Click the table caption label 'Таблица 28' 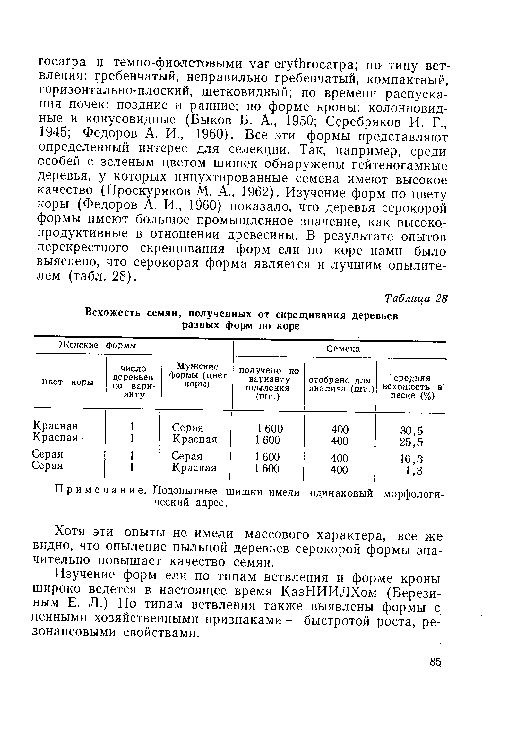[x=416, y=299]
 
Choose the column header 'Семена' [x=343, y=349]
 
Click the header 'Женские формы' [x=98, y=345]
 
